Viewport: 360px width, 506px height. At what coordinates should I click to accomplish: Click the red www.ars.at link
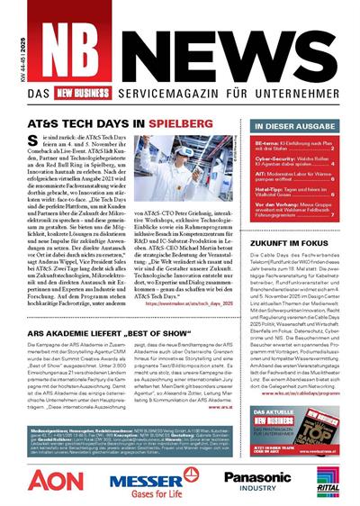click(210, 406)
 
